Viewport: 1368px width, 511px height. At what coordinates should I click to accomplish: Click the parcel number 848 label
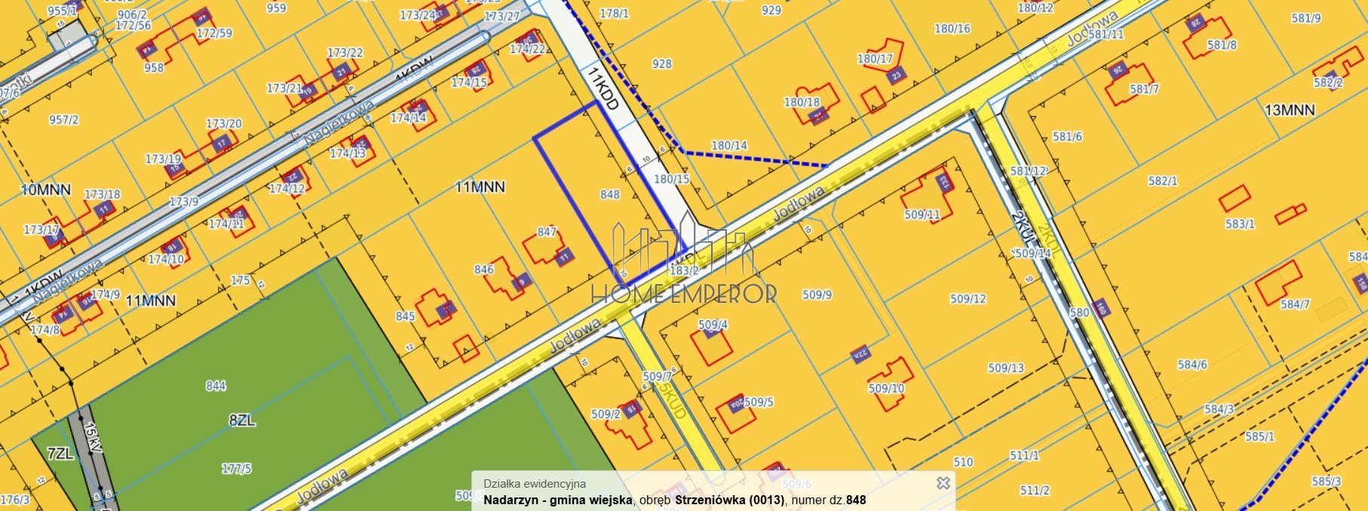click(x=609, y=195)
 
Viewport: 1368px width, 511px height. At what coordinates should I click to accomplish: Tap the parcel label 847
click(x=547, y=232)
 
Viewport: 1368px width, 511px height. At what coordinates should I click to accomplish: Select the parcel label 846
click(x=484, y=270)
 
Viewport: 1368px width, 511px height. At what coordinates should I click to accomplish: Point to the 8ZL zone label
click(x=241, y=421)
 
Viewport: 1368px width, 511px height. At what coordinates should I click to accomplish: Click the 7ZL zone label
click(x=60, y=454)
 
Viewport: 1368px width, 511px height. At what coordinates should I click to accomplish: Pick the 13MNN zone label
click(x=1290, y=111)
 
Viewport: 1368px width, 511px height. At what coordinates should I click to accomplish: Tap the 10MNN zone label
click(x=45, y=189)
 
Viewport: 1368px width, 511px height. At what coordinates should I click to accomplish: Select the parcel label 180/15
click(x=671, y=179)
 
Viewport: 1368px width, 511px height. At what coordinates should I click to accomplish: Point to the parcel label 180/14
click(x=728, y=146)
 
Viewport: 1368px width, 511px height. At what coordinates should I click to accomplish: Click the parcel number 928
click(x=661, y=64)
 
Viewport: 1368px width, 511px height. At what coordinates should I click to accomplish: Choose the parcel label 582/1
click(x=1162, y=182)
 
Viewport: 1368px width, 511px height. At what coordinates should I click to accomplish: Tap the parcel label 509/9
click(x=817, y=295)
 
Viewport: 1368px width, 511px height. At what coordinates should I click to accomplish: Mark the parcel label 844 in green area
click(x=216, y=386)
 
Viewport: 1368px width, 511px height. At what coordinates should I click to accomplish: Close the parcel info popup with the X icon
click(x=943, y=483)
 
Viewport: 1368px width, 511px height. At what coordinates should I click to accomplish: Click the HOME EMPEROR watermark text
click(x=684, y=293)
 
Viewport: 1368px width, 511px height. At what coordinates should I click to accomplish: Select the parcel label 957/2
click(x=63, y=120)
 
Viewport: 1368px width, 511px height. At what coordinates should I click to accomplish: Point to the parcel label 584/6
click(x=1192, y=365)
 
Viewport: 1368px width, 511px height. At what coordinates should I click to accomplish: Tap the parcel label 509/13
click(x=1006, y=369)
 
